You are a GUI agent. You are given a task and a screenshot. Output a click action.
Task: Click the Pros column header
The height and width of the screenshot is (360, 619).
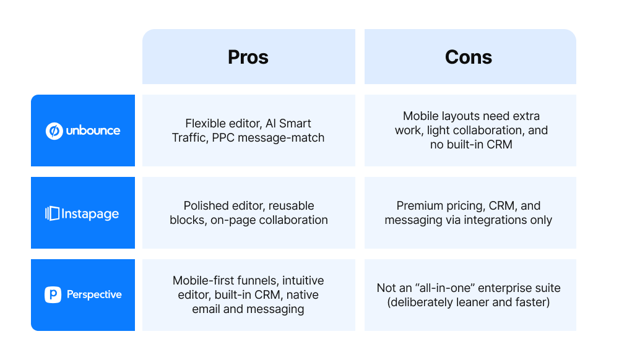[x=248, y=57]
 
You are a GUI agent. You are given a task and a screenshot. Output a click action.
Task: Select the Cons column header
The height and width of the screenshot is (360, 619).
[x=469, y=57]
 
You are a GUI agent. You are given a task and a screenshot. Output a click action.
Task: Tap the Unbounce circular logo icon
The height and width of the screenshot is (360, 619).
[x=54, y=131]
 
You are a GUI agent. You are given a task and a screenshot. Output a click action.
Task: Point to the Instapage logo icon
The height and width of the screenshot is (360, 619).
[x=52, y=214]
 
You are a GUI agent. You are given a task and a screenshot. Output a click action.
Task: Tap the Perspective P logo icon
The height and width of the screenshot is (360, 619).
[x=53, y=294]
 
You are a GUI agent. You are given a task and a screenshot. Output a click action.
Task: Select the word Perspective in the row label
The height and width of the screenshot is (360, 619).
[x=94, y=294]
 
